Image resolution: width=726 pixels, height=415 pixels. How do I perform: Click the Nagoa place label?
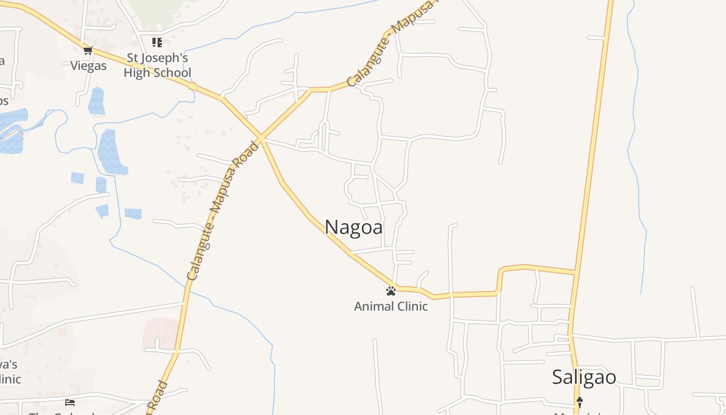pyautogui.click(x=354, y=227)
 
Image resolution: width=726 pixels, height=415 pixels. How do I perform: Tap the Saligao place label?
pyautogui.click(x=584, y=377)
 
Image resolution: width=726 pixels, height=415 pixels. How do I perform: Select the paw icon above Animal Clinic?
pyautogui.click(x=391, y=291)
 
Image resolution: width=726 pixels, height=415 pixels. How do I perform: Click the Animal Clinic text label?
pyautogui.click(x=391, y=306)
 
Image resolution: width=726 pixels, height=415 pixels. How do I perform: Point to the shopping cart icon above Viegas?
pyautogui.click(x=88, y=50)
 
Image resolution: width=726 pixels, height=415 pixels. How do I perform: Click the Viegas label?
pyautogui.click(x=88, y=66)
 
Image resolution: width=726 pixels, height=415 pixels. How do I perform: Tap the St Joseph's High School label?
pyautogui.click(x=157, y=65)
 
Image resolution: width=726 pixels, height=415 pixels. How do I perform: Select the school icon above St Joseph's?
pyautogui.click(x=157, y=42)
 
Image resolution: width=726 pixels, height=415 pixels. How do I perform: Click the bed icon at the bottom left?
pyautogui.click(x=70, y=403)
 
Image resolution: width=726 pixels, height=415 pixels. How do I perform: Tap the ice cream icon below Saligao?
pyautogui.click(x=580, y=401)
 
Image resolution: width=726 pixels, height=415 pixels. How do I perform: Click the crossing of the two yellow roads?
pyautogui.click(x=261, y=139)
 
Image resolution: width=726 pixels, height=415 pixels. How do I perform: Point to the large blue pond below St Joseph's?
pyautogui.click(x=110, y=151)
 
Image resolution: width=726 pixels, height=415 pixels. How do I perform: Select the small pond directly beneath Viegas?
pyautogui.click(x=96, y=101)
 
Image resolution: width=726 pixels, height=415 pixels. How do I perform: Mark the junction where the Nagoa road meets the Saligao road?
pyautogui.click(x=575, y=272)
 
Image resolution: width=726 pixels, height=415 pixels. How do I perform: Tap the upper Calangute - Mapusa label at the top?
pyautogui.click(x=392, y=44)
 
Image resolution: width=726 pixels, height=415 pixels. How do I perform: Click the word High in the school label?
pyautogui.click(x=135, y=73)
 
